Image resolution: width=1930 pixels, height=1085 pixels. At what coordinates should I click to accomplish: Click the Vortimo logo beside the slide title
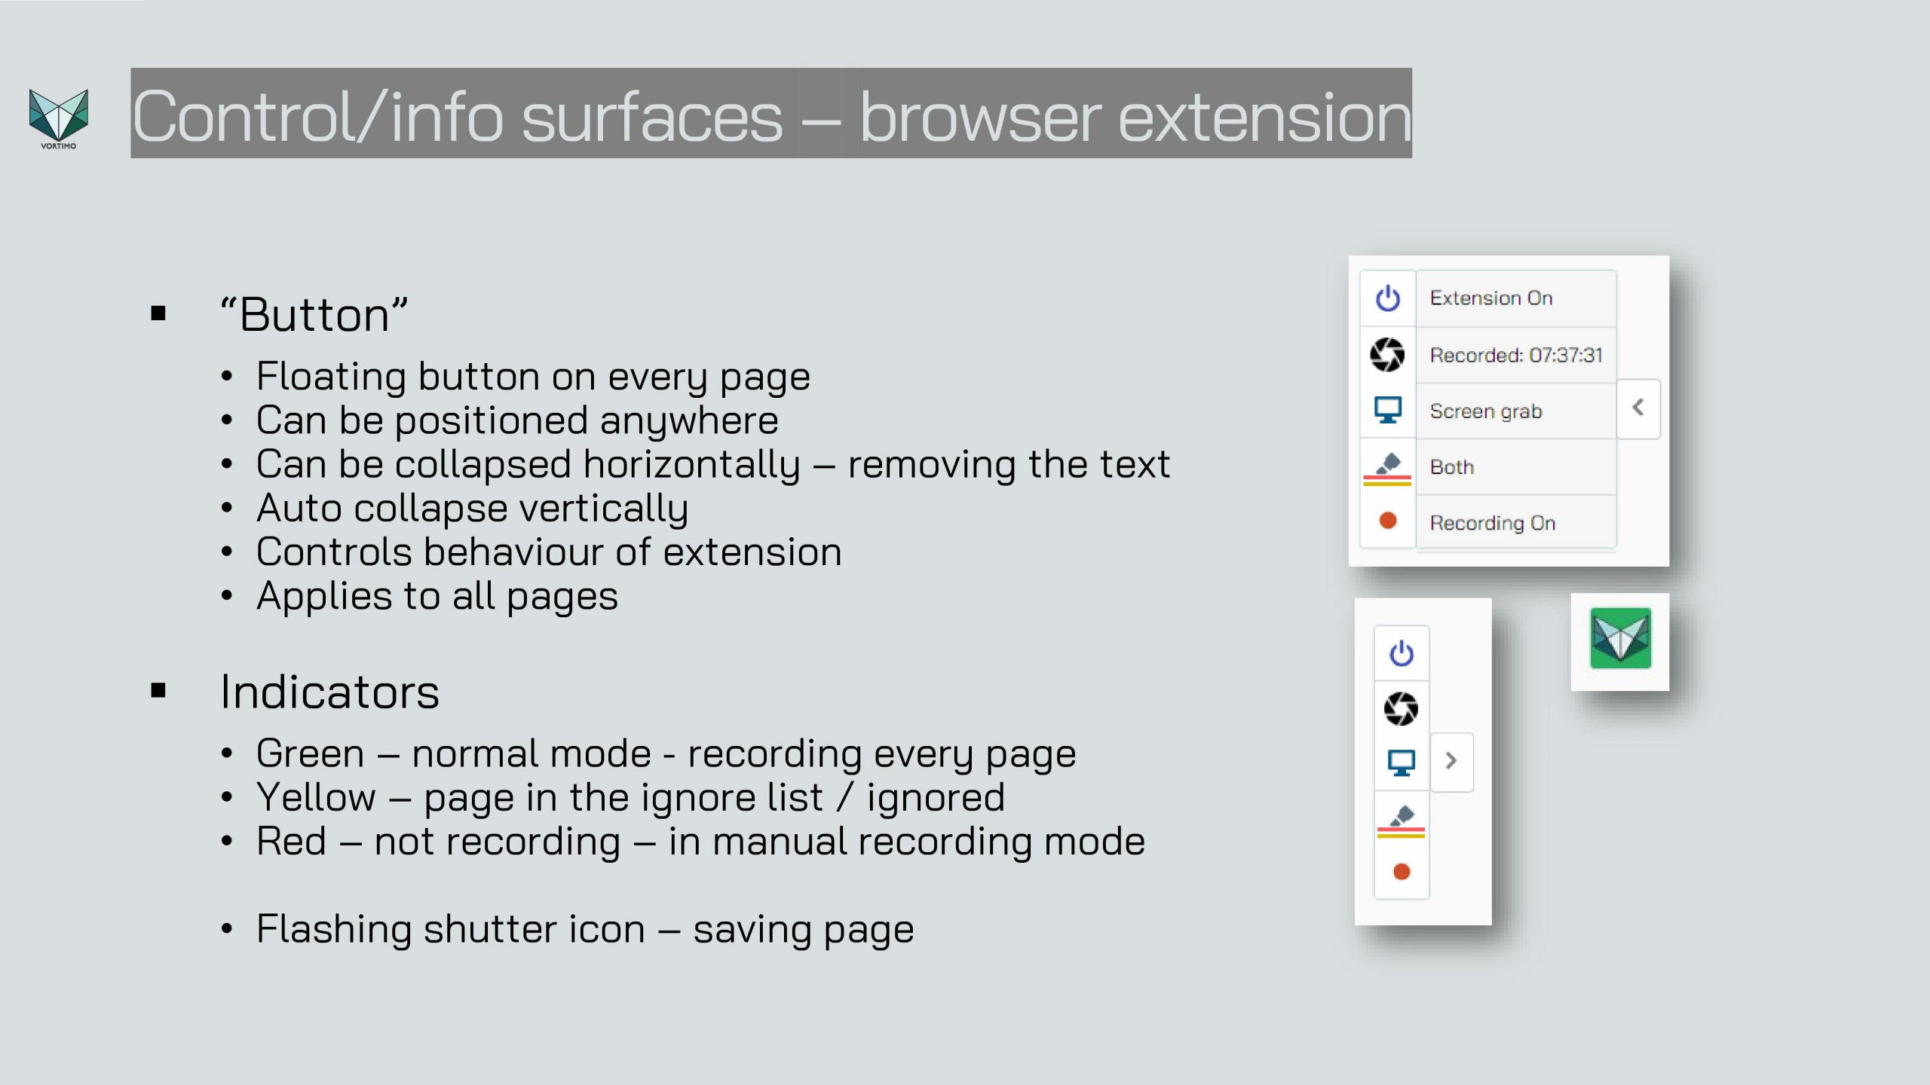tap(59, 118)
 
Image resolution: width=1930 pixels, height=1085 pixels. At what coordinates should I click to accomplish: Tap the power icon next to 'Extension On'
tap(1388, 298)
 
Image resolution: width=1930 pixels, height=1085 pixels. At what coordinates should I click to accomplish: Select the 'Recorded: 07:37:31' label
tap(1516, 355)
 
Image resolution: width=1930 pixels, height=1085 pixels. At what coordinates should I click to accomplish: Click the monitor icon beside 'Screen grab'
tap(1388, 410)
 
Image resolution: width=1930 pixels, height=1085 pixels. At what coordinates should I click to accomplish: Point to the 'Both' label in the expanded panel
tap(1452, 467)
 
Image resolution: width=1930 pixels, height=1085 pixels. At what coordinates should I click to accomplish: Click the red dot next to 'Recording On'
tap(1388, 521)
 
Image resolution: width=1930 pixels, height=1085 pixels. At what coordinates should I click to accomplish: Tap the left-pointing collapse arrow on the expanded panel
tap(1637, 408)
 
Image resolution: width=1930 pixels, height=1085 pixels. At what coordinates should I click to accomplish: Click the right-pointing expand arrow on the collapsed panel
tap(1451, 761)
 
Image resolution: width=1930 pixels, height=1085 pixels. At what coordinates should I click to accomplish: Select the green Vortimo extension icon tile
tap(1620, 639)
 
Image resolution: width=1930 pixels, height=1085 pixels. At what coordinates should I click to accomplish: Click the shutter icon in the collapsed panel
tap(1402, 709)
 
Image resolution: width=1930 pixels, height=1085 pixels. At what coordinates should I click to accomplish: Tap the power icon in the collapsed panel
tap(1402, 653)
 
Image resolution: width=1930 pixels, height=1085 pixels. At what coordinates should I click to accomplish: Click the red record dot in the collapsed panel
tap(1402, 872)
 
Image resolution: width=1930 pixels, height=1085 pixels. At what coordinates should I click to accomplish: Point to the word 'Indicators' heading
tap(329, 692)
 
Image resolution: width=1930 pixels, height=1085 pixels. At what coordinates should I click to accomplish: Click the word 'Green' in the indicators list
tap(311, 753)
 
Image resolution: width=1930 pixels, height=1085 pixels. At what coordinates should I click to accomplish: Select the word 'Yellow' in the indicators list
tap(316, 797)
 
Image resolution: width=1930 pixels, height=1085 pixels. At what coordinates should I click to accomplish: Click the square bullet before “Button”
tap(158, 313)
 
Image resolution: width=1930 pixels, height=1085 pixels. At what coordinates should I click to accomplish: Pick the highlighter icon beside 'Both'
tap(1388, 467)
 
